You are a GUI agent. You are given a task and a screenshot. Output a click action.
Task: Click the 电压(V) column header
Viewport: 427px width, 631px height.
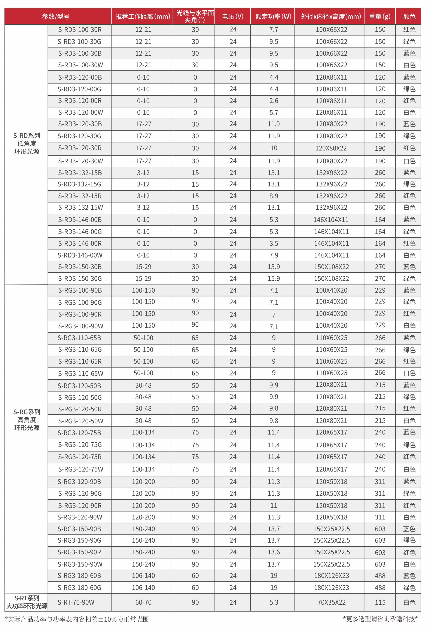(232, 16)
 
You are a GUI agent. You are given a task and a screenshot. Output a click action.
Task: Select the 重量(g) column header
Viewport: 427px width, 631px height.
(379, 16)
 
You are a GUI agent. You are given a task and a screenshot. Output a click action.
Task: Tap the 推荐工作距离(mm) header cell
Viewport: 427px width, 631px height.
(143, 16)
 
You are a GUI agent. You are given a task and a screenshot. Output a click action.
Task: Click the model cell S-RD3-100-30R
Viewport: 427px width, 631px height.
(80, 30)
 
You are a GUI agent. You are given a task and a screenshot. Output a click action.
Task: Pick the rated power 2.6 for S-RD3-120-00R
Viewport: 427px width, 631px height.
(273, 101)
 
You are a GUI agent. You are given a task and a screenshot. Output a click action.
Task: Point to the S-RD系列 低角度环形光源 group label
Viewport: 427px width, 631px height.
(27, 143)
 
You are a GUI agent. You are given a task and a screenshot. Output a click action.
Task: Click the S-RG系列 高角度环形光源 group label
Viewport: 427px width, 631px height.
(27, 420)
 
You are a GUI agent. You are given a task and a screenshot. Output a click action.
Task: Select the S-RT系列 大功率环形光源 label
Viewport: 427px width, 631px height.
(27, 602)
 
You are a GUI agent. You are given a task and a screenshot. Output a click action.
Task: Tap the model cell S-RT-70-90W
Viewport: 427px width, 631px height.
(76, 602)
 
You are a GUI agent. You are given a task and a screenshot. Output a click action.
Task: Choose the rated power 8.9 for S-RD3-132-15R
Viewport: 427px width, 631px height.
(273, 196)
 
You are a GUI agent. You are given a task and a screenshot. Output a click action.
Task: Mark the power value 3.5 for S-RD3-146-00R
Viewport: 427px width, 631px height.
(273, 243)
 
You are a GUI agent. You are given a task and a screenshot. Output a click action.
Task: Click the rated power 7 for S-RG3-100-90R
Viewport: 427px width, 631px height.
(273, 315)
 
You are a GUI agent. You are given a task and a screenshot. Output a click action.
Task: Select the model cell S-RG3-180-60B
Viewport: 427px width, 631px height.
(79, 576)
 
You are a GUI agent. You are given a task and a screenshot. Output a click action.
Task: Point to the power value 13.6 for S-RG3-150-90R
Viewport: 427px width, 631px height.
(273, 552)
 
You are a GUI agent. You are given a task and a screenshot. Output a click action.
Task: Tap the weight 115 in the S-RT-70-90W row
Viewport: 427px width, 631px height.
(380, 602)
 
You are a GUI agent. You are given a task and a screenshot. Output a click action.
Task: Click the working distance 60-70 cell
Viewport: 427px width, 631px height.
(143, 602)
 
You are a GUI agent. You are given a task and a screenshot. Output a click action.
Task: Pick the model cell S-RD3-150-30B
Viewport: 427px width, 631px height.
(80, 267)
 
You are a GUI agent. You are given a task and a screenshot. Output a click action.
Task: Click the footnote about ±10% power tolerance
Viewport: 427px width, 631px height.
(77, 619)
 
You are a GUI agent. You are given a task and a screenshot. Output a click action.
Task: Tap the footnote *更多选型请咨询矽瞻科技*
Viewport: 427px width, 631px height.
(380, 619)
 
